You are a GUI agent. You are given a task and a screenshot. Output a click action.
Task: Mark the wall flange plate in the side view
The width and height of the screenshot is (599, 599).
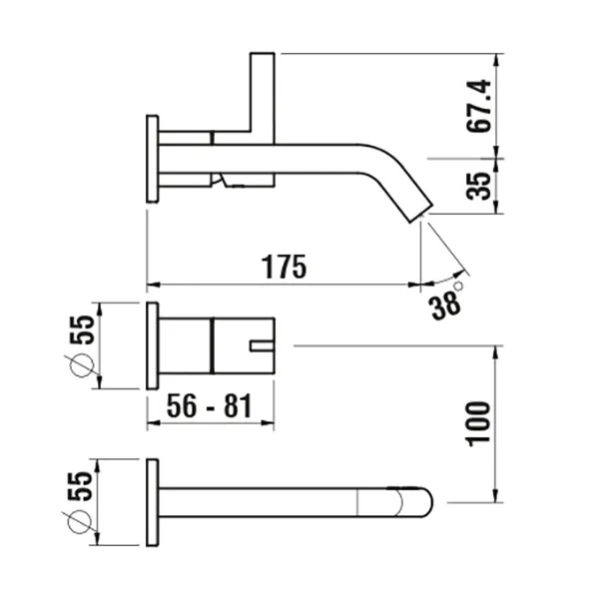point(152,160)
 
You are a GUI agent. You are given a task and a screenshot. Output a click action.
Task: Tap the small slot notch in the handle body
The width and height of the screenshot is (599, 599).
point(261,346)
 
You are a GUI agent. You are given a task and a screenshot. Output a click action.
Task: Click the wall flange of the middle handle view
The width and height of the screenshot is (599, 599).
point(152,345)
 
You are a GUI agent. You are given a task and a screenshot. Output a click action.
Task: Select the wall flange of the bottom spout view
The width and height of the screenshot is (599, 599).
point(152,503)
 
